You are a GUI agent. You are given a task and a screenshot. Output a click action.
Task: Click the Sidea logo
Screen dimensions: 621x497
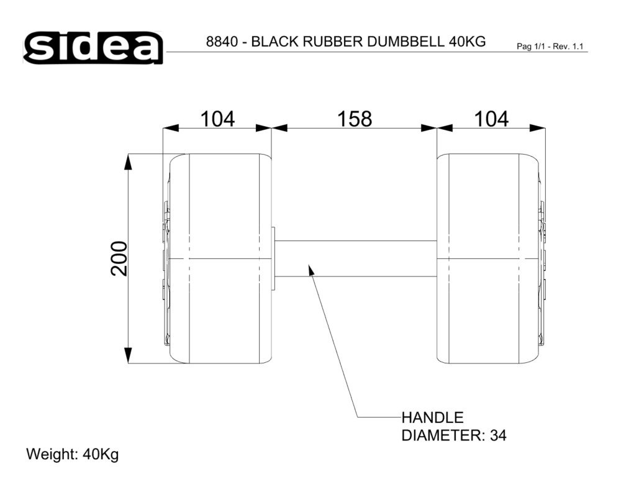click(x=93, y=48)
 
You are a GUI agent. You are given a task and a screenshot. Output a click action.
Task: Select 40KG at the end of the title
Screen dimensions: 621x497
click(x=468, y=42)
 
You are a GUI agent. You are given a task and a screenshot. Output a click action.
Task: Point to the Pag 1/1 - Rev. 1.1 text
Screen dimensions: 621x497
click(x=550, y=47)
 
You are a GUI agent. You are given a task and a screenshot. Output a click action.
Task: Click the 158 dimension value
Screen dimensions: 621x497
click(x=355, y=119)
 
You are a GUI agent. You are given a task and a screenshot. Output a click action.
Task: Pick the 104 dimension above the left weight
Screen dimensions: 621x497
click(x=217, y=119)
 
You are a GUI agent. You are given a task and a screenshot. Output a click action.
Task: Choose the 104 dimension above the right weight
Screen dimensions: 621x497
click(x=491, y=119)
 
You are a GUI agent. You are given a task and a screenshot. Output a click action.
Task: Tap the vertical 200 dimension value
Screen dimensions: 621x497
click(x=119, y=258)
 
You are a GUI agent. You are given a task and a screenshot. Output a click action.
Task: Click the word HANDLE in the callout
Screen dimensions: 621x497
click(x=432, y=417)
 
